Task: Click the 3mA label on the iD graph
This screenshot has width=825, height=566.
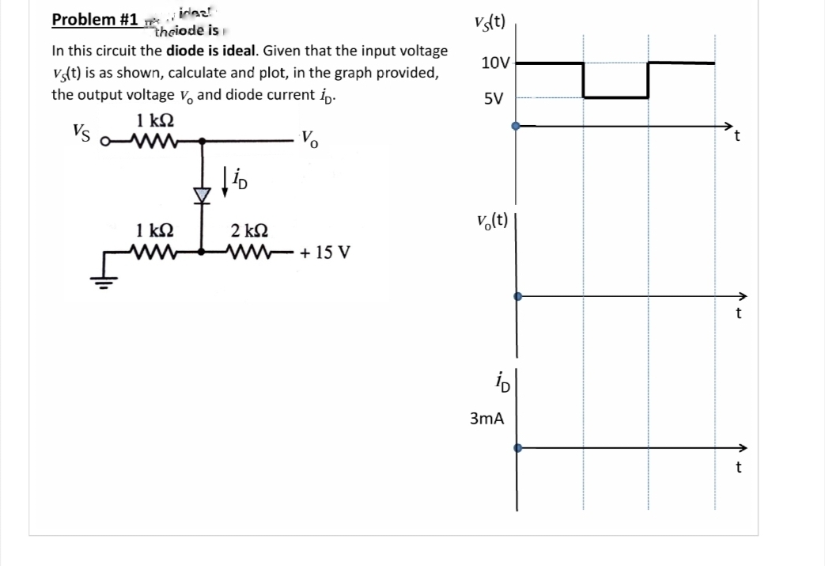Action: coord(487,417)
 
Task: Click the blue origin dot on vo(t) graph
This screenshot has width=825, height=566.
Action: coord(517,297)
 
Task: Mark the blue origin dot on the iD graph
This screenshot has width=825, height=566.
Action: coord(517,447)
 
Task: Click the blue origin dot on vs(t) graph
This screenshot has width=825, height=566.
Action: coord(517,125)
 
